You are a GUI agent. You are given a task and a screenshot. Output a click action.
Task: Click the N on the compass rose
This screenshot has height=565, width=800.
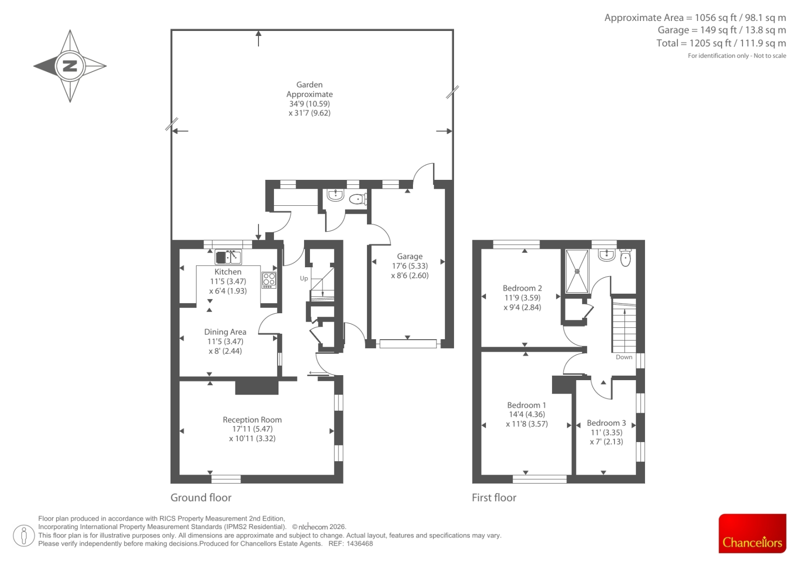coord(70,66)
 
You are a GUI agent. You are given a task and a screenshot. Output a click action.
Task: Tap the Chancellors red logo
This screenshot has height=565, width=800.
coord(752,533)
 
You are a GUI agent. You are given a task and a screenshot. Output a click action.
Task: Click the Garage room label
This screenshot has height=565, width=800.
coord(409,256)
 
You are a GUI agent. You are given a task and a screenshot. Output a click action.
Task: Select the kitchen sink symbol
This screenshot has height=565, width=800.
coord(228,257)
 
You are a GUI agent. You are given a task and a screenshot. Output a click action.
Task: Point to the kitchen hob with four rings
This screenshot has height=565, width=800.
coord(269,280)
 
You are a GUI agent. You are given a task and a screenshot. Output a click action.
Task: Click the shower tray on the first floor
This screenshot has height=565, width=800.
coord(577,271)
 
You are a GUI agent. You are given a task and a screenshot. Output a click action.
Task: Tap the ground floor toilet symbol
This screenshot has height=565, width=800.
coord(358,199)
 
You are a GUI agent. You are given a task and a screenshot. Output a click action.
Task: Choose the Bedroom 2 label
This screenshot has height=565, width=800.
coord(522,288)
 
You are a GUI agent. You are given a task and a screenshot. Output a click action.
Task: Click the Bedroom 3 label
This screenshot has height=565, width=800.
coord(606,423)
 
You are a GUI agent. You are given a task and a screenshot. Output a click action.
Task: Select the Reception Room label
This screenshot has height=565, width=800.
coord(252,420)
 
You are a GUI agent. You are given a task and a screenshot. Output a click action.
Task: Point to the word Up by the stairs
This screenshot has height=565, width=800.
coord(304,278)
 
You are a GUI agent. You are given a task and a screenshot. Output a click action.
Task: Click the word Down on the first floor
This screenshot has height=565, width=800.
coord(624,357)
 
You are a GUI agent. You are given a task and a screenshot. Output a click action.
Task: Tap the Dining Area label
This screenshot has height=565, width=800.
coord(225,332)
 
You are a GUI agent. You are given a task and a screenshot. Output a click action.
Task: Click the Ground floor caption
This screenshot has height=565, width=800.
coord(200,498)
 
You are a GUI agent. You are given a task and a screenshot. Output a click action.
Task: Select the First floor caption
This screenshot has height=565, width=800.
coord(494,498)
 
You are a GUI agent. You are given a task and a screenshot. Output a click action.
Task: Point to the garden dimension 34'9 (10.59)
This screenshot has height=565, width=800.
coord(309,104)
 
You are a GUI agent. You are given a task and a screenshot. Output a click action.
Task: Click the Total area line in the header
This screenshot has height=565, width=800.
coord(721,43)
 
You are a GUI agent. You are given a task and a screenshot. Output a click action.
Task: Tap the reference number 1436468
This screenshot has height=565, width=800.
coord(359,544)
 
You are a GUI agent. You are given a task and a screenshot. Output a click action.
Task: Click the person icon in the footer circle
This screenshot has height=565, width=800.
coord(23,536)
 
